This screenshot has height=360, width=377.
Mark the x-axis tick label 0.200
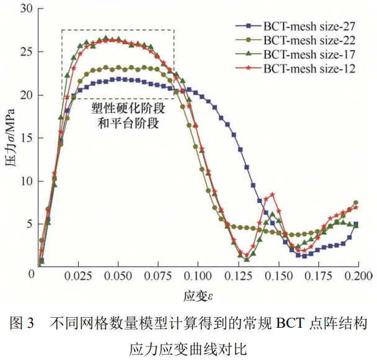pyautogui.click(x=358, y=274)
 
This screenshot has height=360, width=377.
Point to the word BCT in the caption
pyautogui.click(x=290, y=323)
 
